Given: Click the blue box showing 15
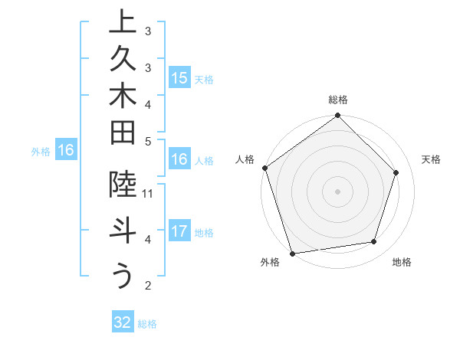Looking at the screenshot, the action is click(x=179, y=77).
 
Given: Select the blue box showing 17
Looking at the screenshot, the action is click(x=179, y=231).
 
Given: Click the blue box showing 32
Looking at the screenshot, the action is click(x=123, y=322).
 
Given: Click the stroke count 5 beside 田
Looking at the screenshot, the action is click(x=148, y=141).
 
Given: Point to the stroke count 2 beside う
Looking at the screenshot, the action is click(x=148, y=286).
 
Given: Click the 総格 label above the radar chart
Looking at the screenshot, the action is click(x=338, y=100).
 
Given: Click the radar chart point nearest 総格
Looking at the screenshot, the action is click(x=338, y=116).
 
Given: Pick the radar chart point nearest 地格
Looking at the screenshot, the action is click(x=374, y=242).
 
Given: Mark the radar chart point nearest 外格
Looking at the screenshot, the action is click(x=292, y=253).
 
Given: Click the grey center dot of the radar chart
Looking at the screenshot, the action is click(x=338, y=191).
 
